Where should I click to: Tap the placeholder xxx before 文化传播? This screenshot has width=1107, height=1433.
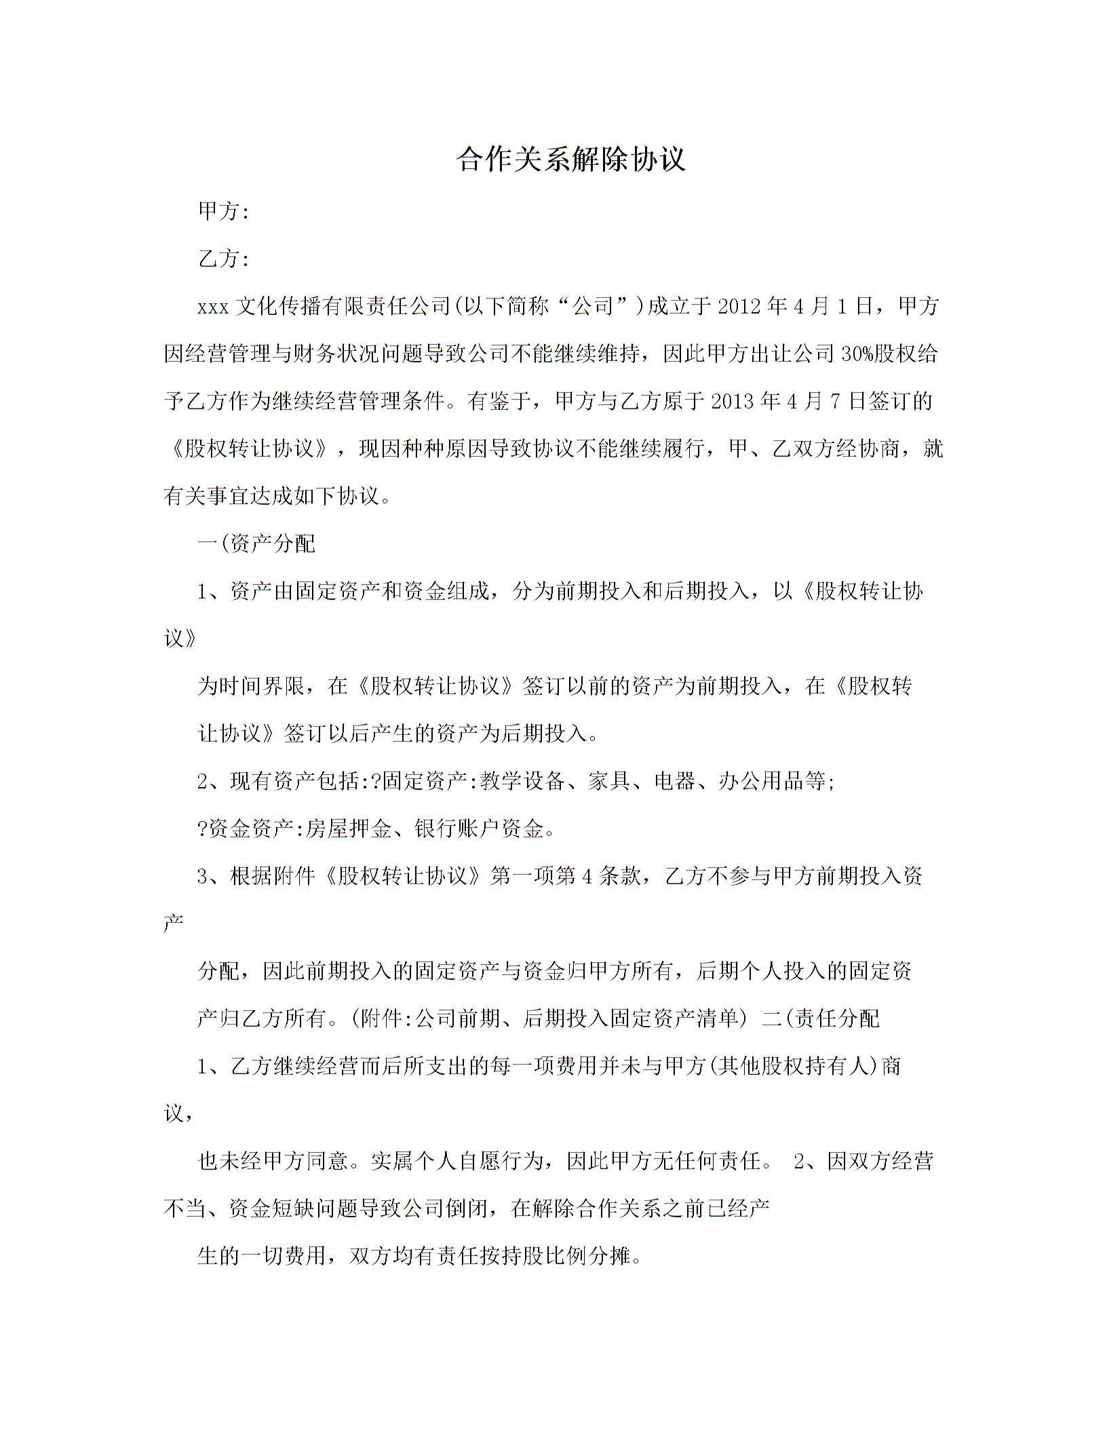[x=213, y=307]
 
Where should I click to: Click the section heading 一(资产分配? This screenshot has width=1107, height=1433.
[x=256, y=544]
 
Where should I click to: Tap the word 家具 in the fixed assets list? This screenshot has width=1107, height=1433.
[x=609, y=782]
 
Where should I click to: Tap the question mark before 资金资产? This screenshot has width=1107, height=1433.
[x=202, y=829]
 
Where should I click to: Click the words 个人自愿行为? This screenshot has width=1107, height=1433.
[x=468, y=1162]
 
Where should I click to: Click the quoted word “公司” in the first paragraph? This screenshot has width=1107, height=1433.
[x=594, y=307]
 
